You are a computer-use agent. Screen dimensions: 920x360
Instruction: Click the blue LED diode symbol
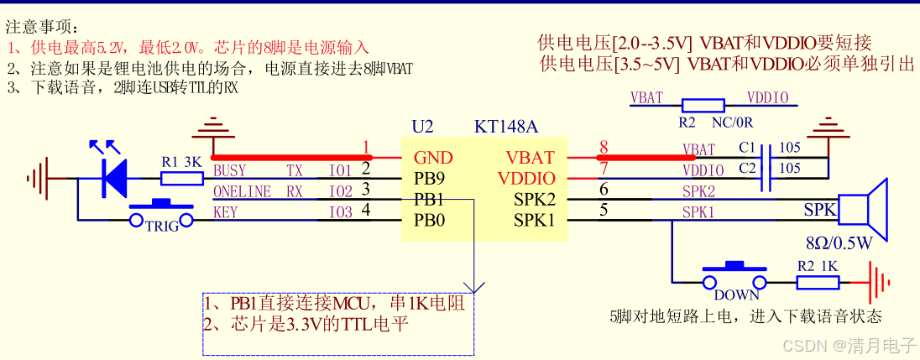(114, 177)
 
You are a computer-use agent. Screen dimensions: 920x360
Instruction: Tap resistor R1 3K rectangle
(181, 178)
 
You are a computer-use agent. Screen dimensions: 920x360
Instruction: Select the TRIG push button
(161, 216)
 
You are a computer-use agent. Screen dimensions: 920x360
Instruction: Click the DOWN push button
(735, 278)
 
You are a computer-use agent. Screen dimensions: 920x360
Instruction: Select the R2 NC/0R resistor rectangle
(703, 104)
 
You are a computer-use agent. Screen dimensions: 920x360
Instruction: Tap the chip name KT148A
(506, 127)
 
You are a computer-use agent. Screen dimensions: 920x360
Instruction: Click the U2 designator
(422, 127)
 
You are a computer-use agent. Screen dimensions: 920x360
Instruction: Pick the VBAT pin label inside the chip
(530, 157)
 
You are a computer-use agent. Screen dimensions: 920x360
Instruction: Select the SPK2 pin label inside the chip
(534, 200)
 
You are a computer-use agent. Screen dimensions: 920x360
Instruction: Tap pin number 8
(604, 149)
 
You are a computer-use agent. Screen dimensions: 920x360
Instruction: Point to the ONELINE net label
(242, 192)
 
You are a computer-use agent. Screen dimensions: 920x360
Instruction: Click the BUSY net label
(229, 170)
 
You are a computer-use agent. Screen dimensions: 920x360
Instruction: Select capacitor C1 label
(747, 147)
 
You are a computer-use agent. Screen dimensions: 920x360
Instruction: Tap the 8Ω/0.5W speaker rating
(840, 244)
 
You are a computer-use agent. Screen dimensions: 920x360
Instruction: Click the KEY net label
(224, 212)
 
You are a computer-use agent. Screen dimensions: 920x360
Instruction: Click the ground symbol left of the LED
(37, 178)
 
